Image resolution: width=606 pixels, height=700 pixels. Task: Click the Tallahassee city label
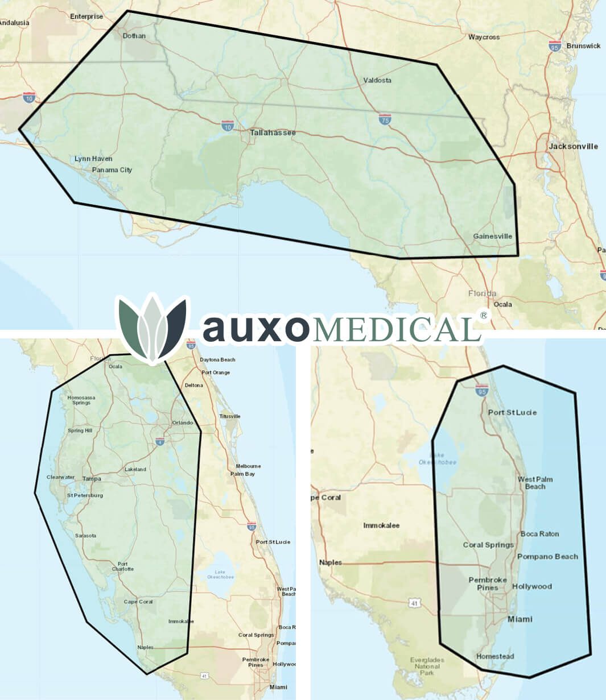tap(273, 132)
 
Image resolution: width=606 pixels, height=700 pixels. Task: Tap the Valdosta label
tap(377, 80)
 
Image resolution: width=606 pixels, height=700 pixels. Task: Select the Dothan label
tap(134, 36)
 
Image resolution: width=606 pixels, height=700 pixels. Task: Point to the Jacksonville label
tap(573, 146)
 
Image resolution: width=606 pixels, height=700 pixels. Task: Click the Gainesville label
tap(492, 236)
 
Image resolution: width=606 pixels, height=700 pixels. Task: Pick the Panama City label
tap(112, 169)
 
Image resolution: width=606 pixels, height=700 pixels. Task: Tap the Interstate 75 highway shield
tap(385, 119)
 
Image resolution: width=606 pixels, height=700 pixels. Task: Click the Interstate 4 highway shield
tap(160, 441)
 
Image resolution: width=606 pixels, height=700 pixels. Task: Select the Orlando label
tap(183, 423)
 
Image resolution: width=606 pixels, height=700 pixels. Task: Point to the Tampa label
tap(92, 479)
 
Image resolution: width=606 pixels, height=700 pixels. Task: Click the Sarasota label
tap(85, 536)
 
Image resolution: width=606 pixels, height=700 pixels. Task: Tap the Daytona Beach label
tap(217, 360)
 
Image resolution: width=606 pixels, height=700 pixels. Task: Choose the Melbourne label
tap(248, 466)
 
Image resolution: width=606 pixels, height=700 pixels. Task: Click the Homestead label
tap(494, 656)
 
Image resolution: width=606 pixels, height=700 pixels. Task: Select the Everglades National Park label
tap(427, 666)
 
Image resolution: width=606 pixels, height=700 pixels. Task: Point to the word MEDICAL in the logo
tap(393, 329)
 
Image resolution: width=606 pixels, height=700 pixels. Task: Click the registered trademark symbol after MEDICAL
tap(484, 315)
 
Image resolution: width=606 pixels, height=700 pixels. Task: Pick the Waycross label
tap(484, 37)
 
